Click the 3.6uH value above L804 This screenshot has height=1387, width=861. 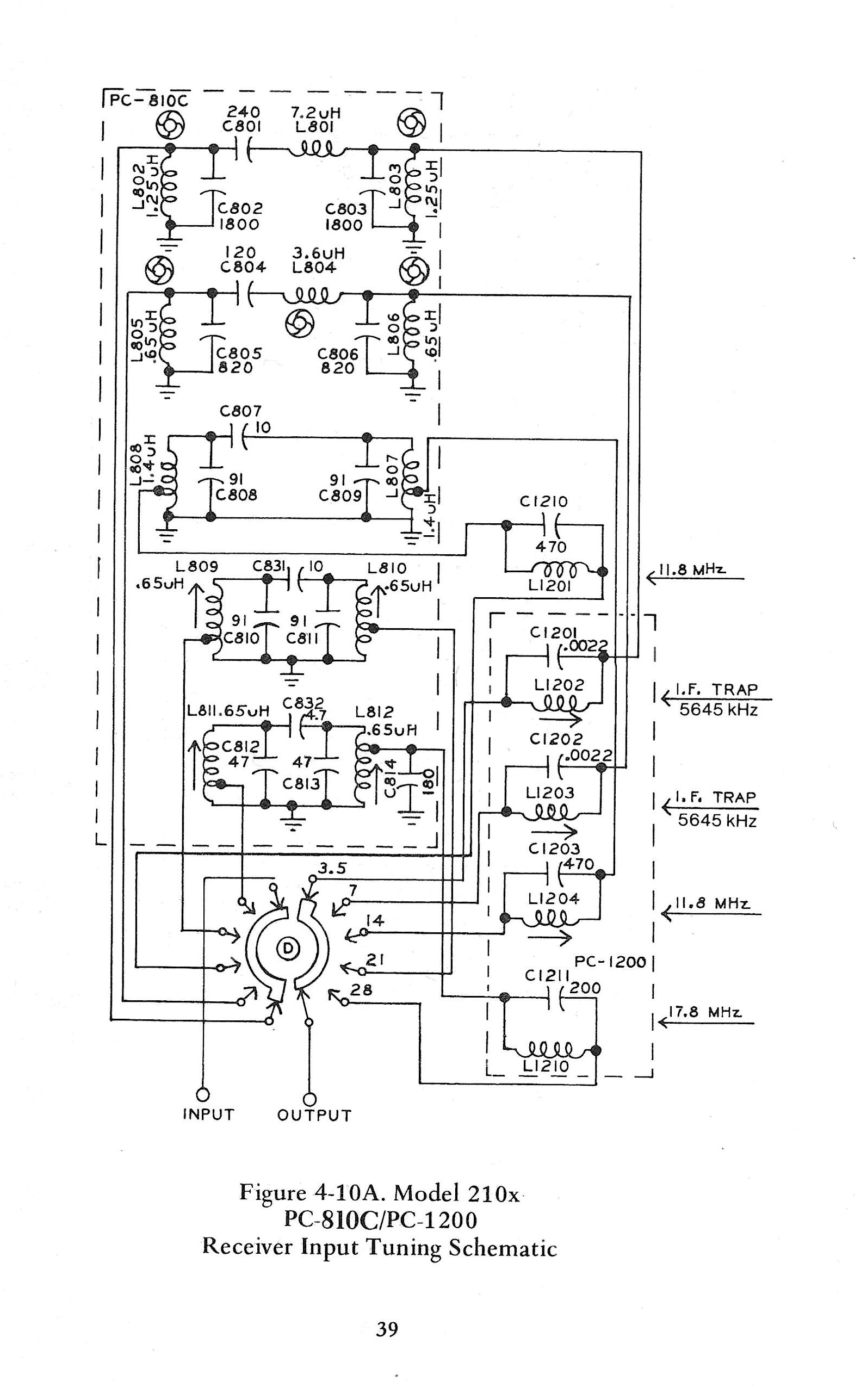pyautogui.click(x=319, y=253)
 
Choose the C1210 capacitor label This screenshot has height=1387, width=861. pyautogui.click(x=543, y=501)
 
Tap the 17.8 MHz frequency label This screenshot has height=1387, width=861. pyautogui.click(x=705, y=1012)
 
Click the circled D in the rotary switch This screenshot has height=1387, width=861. pyautogui.click(x=287, y=948)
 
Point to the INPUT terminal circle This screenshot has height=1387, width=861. pyautogui.click(x=203, y=1095)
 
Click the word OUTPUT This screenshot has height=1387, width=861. pyautogui.click(x=314, y=1116)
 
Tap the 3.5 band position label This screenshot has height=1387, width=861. pyautogui.click(x=332, y=869)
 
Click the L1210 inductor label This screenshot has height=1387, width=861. pyautogui.click(x=546, y=1067)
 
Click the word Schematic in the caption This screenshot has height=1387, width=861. pyautogui.click(x=503, y=1248)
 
